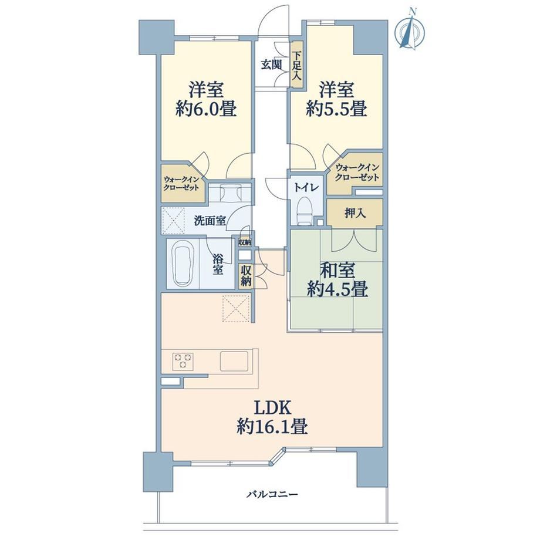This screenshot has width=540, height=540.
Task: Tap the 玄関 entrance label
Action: pyautogui.click(x=271, y=65)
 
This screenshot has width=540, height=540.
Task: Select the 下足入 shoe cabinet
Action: pyautogui.click(x=296, y=65)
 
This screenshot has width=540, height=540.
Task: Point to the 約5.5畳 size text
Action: pyautogui.click(x=336, y=109)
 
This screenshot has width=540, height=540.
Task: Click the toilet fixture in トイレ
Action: pyautogui.click(x=304, y=211)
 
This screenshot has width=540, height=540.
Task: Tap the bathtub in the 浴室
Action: pyautogui.click(x=183, y=263)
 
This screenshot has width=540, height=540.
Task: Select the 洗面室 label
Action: pyautogui.click(x=210, y=221)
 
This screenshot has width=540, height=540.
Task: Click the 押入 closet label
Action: pyautogui.click(x=355, y=214)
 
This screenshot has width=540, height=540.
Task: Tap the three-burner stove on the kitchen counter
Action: pyautogui.click(x=183, y=361)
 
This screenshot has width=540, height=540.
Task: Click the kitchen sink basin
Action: pyautogui.click(x=234, y=361)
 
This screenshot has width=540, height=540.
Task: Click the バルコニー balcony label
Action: pyautogui.click(x=272, y=495)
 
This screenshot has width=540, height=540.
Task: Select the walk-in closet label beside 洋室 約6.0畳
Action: pyautogui.click(x=181, y=184)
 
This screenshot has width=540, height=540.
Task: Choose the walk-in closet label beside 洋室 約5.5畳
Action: pyautogui.click(x=357, y=172)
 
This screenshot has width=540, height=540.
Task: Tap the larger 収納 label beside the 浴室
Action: pyautogui.click(x=245, y=276)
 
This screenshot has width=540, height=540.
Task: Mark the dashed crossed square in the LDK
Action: pyautogui.click(x=236, y=309)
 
